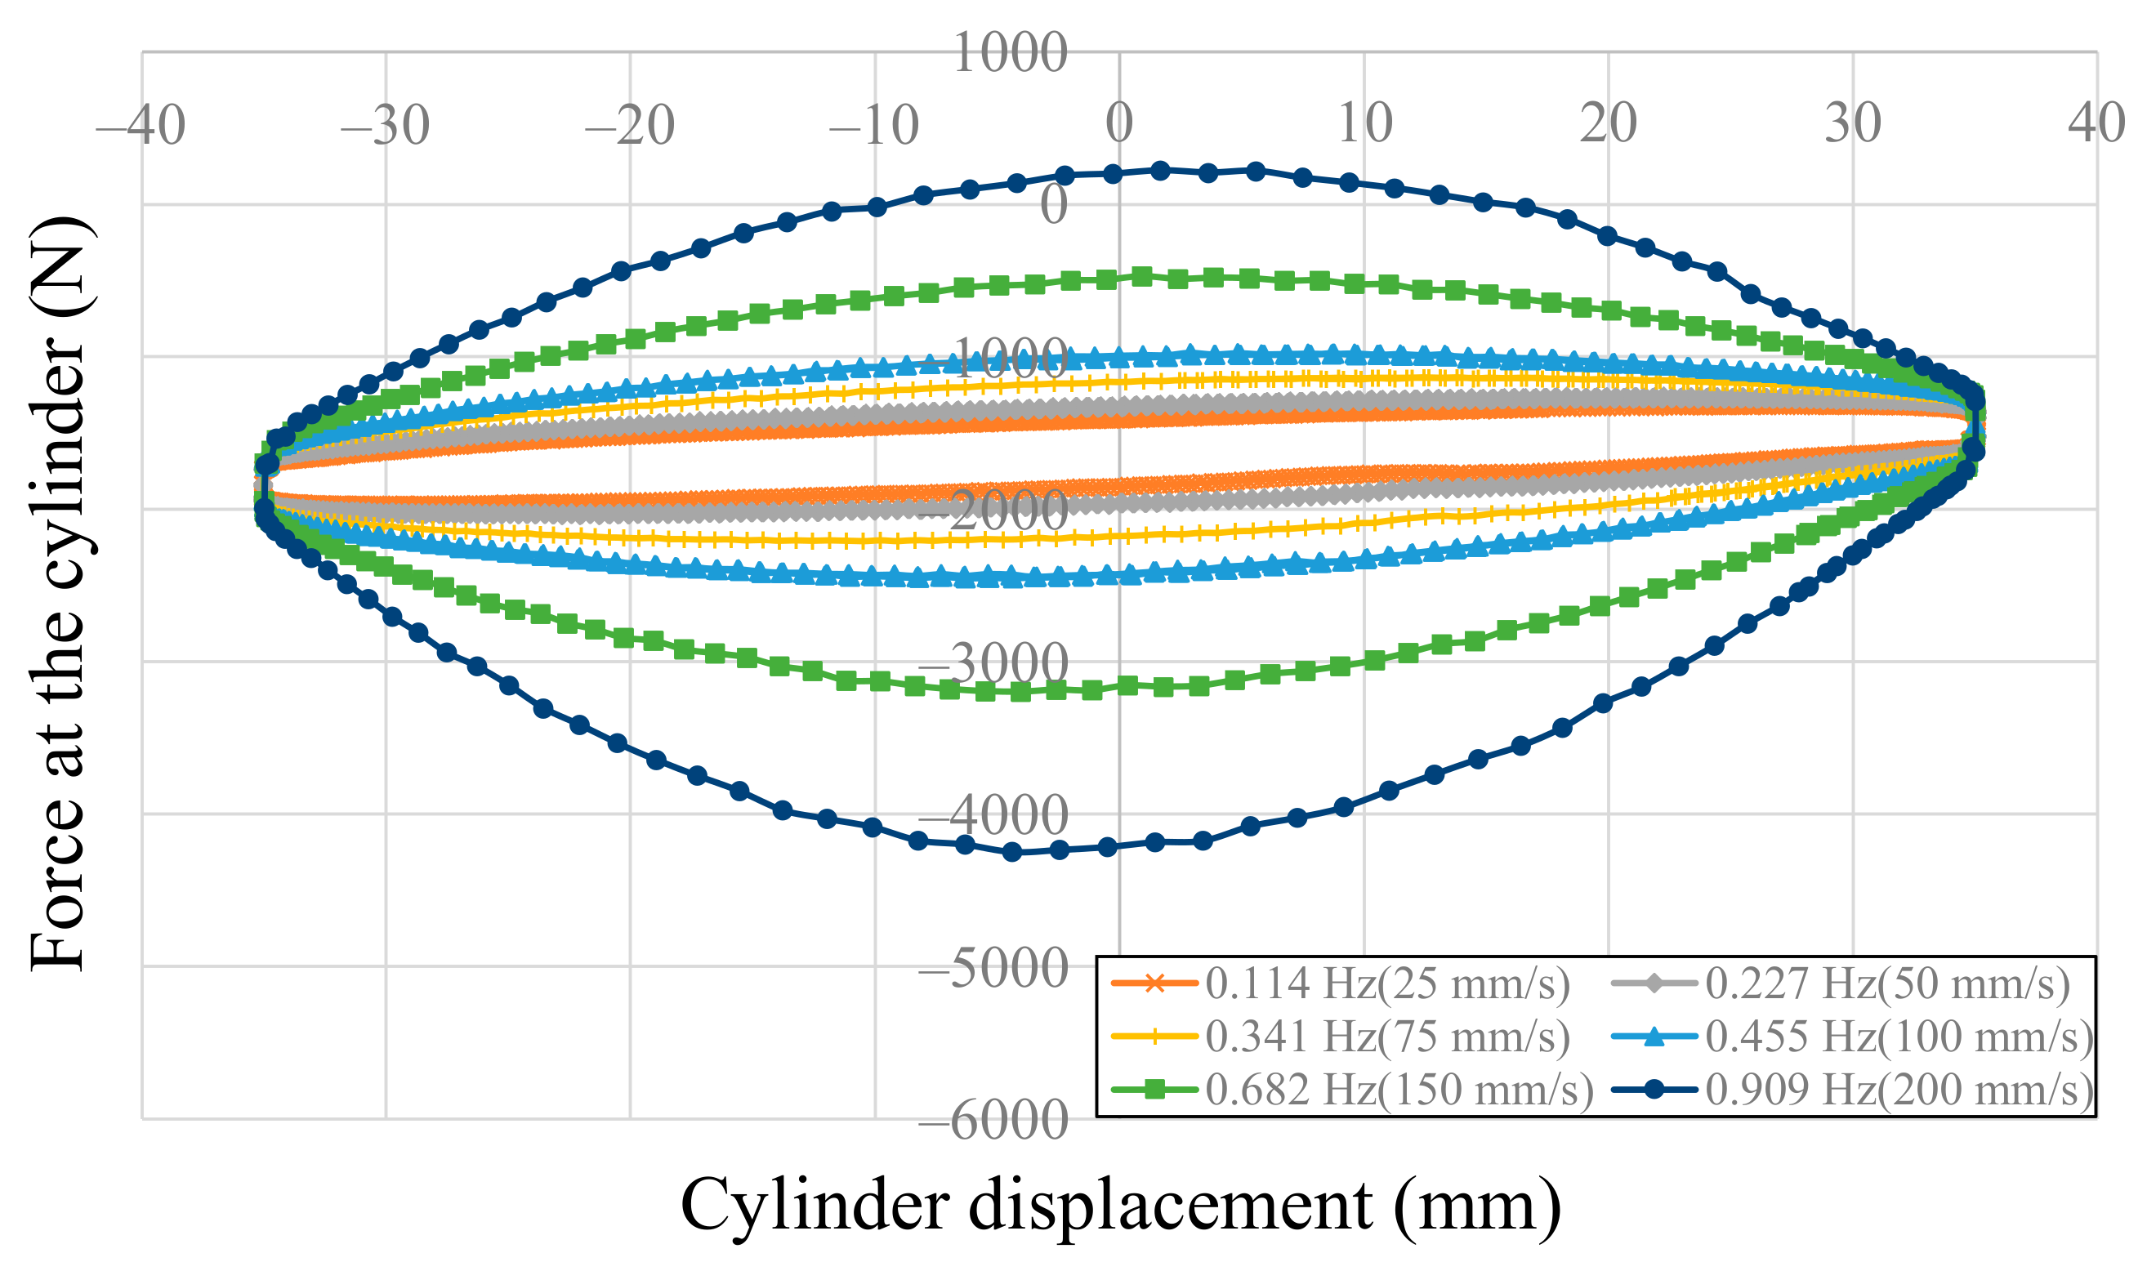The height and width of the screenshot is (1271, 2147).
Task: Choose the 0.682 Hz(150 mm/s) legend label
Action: tap(1399, 1090)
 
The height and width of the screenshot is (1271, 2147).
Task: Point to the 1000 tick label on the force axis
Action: tap(1010, 53)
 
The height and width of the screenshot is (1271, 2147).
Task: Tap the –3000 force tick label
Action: tap(993, 663)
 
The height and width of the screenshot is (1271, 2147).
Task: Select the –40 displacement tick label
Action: tap(141, 125)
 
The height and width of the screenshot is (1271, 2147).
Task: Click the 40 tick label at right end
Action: tap(2096, 123)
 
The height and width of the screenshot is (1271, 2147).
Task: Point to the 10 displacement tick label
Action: tap(1364, 123)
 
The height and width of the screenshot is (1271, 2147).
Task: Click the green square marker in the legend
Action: tap(1154, 1090)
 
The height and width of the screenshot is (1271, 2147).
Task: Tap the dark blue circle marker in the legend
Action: tap(1654, 1090)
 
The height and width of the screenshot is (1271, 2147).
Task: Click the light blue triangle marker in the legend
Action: tap(1654, 1037)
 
